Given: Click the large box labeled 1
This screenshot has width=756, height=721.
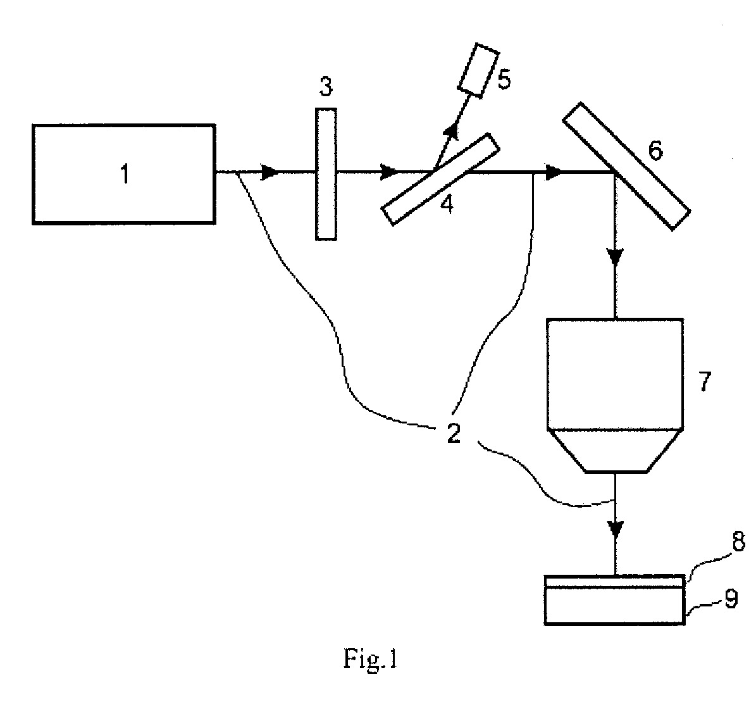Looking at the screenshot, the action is point(124,174).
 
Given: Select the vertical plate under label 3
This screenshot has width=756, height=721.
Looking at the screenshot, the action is point(326,174).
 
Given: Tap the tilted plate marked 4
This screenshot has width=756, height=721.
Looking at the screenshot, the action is point(439,179).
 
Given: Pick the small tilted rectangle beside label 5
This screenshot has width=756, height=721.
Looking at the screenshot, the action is point(478,70).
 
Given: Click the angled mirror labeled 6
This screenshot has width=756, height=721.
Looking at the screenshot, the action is point(626,166).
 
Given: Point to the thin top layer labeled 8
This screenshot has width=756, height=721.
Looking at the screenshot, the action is point(614,581).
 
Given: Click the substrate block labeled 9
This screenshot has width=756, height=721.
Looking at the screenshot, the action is point(614,606).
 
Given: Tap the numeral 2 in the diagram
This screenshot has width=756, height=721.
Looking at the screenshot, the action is point(453,434).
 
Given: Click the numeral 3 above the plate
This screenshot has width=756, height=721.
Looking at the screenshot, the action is point(326,87).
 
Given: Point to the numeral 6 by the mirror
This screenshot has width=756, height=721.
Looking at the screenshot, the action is point(655,150).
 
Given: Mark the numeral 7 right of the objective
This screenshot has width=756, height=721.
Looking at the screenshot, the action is point(704,382).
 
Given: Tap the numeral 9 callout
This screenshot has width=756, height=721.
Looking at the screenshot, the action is point(731,598).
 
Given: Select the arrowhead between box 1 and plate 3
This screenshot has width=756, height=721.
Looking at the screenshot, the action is point(269,172).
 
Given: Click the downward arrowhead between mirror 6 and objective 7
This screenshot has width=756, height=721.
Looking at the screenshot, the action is point(616,256).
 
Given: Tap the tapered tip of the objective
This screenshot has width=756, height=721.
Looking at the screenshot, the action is point(615,451).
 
